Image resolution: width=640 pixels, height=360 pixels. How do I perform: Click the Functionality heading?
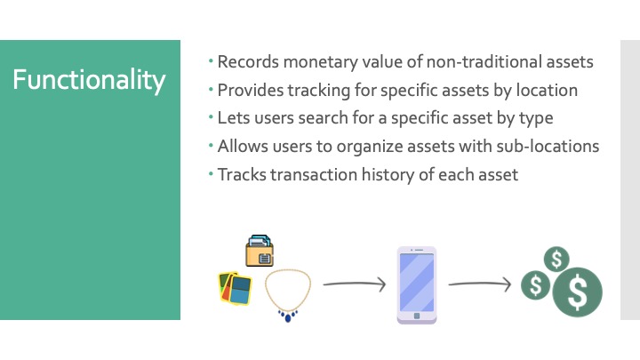pyautogui.click(x=89, y=80)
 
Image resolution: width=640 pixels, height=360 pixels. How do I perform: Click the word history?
pyautogui.click(x=391, y=174)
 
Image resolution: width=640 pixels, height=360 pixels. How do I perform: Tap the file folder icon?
pyautogui.click(x=260, y=251)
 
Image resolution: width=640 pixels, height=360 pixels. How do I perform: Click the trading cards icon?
pyautogui.click(x=235, y=287)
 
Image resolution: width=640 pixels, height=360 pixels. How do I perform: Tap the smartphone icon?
pyautogui.click(x=416, y=284)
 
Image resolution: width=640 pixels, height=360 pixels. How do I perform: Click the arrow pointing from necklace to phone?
pyautogui.click(x=354, y=284)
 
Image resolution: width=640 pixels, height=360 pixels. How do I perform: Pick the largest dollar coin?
pyautogui.click(x=577, y=292)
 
